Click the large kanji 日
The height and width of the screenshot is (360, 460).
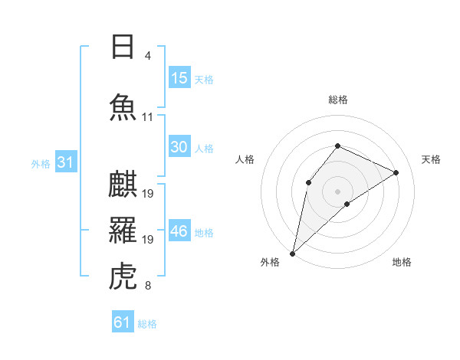pos(123,47)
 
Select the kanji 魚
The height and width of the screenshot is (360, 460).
pos(123,107)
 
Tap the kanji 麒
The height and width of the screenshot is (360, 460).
pos(123,184)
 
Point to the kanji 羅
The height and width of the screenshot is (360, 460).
pos(123,230)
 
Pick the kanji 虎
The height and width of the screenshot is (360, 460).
pos(123,276)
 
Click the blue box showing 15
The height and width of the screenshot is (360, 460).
pos(179,77)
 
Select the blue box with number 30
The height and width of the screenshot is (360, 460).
pos(179,146)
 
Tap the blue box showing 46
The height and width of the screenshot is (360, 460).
pos(179,230)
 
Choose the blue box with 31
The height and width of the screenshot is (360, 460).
pos(66,162)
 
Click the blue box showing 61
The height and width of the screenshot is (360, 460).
pos(123,321)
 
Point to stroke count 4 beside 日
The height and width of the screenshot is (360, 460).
pos(148,56)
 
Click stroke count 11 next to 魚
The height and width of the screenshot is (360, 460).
pos(147,117)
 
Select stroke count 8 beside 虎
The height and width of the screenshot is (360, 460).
pos(148,285)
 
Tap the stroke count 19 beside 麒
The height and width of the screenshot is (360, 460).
pos(147,194)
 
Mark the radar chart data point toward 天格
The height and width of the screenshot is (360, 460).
pos(396,172)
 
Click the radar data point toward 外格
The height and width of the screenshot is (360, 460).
pos(293,254)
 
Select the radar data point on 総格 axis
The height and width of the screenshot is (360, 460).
pos(337,146)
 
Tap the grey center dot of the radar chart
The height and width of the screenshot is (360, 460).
pos(337,191)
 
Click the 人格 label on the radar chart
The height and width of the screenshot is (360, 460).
pos(245,159)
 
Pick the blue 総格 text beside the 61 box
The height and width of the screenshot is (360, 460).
pos(147,324)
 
